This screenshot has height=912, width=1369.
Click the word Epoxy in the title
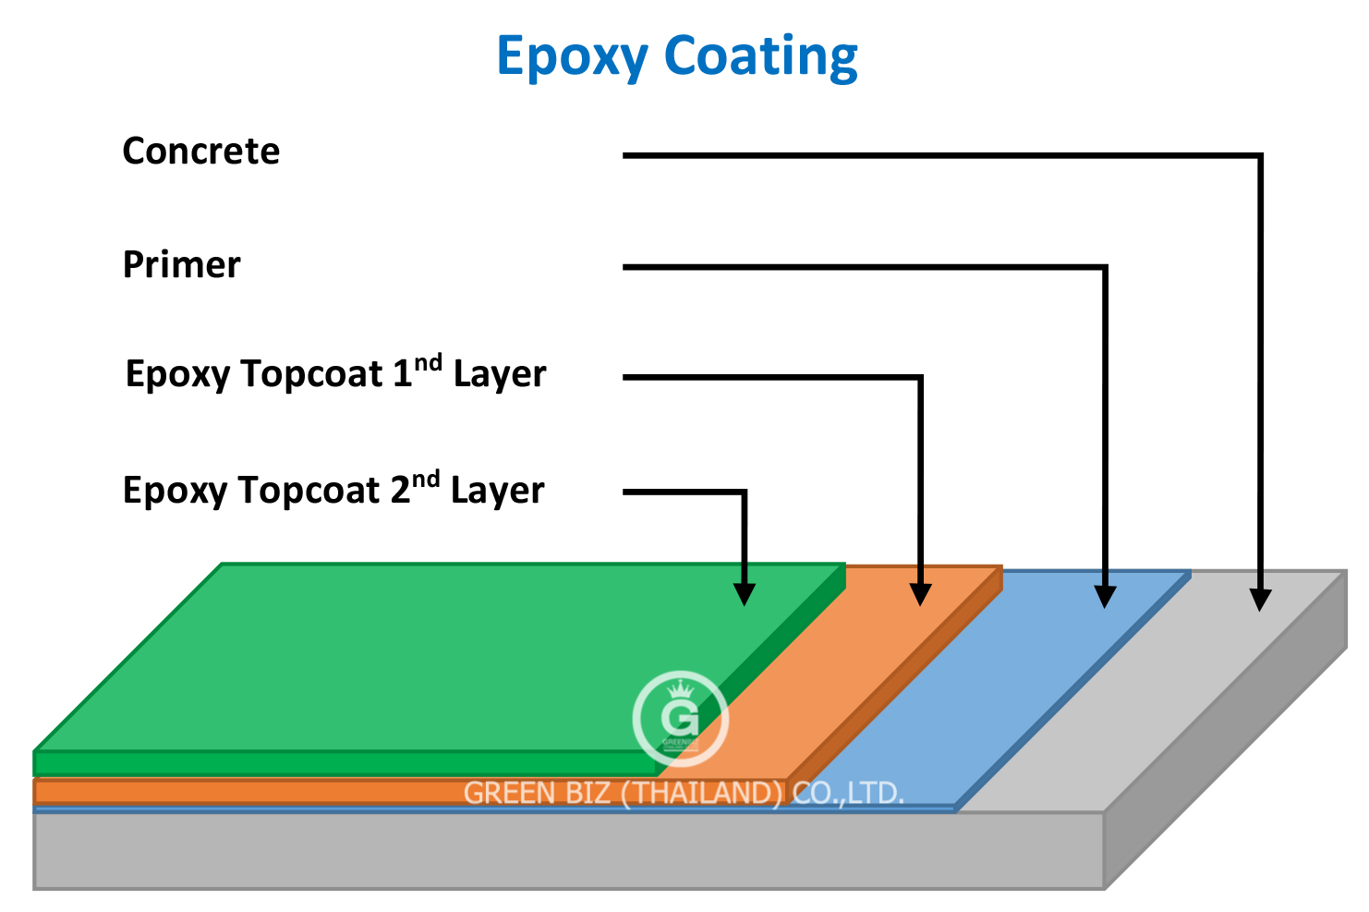click(572, 57)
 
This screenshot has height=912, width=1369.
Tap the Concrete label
click(200, 152)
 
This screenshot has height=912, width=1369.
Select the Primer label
click(181, 265)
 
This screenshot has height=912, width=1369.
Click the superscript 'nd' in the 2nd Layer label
click(426, 480)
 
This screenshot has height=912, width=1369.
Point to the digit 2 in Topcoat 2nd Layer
click(400, 490)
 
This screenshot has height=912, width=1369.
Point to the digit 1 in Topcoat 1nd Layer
click(402, 374)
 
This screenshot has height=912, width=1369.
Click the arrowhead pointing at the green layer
click(744, 594)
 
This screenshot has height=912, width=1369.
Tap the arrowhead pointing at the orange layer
click(920, 594)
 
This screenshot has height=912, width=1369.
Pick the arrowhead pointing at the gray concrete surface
click(1259, 600)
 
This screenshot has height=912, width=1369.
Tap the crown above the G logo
click(680, 689)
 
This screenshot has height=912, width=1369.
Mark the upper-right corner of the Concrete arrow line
click(1259, 156)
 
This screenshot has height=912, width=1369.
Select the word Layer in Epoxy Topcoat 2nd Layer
click(497, 491)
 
